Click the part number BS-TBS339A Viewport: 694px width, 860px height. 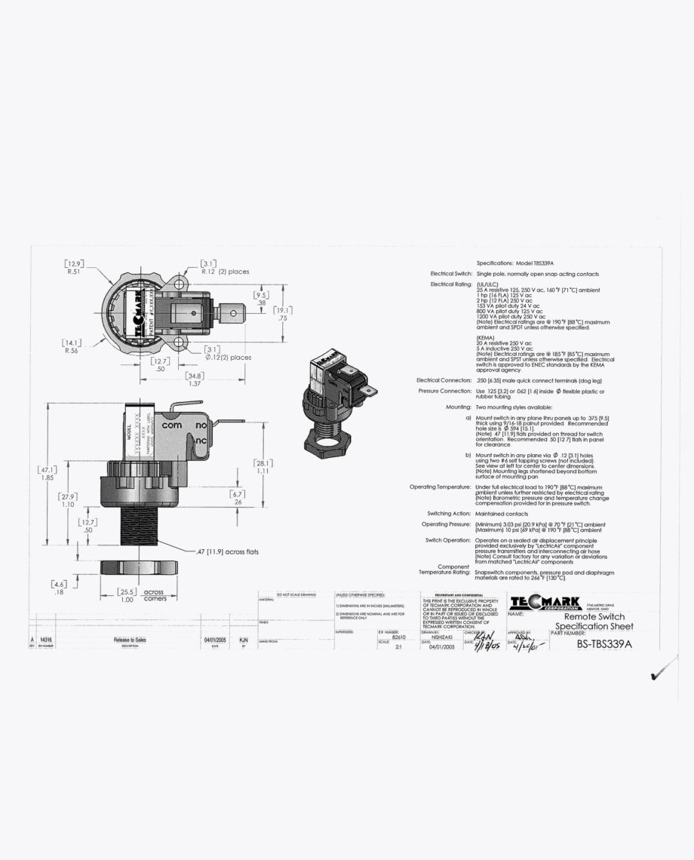603,643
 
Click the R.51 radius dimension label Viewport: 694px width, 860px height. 73,272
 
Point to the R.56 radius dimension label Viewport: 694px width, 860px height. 72,350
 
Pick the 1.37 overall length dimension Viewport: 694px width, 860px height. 195,383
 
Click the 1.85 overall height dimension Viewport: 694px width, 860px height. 47,478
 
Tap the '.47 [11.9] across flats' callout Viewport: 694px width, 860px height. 227,551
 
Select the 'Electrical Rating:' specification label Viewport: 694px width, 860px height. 451,284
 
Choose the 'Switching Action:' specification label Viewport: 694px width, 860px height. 449,513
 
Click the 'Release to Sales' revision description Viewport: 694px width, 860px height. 130,640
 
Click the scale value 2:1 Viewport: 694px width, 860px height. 388,647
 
